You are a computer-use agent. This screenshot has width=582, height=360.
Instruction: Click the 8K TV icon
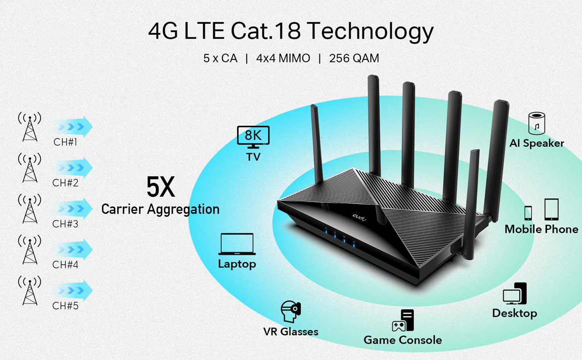[253, 137]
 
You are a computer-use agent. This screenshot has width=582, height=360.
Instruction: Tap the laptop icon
[237, 245]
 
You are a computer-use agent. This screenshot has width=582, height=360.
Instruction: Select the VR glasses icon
[291, 312]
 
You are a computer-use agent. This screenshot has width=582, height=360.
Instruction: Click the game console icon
[402, 321]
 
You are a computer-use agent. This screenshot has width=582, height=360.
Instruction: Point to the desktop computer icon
[515, 294]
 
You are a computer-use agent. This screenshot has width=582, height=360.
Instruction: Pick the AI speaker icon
[537, 123]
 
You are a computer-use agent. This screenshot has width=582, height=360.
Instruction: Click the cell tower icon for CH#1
[30, 127]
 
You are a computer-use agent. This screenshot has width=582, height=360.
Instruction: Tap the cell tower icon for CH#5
[30, 290]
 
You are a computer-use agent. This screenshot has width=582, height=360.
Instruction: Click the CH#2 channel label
[65, 183]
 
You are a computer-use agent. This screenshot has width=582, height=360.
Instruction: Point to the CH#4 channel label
[65, 265]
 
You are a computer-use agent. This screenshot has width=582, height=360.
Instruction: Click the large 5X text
[160, 187]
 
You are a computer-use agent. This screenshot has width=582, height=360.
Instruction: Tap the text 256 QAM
[354, 58]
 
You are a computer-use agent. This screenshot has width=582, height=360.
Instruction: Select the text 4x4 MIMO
[283, 58]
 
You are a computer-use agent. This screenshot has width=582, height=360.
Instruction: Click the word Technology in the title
[370, 31]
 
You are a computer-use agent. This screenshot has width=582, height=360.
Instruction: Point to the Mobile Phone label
[541, 229]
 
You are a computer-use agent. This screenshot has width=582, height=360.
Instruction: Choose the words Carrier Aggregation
[160, 209]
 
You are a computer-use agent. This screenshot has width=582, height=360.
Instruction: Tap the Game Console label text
[402, 340]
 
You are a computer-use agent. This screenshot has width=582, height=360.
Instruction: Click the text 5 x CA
[220, 58]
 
